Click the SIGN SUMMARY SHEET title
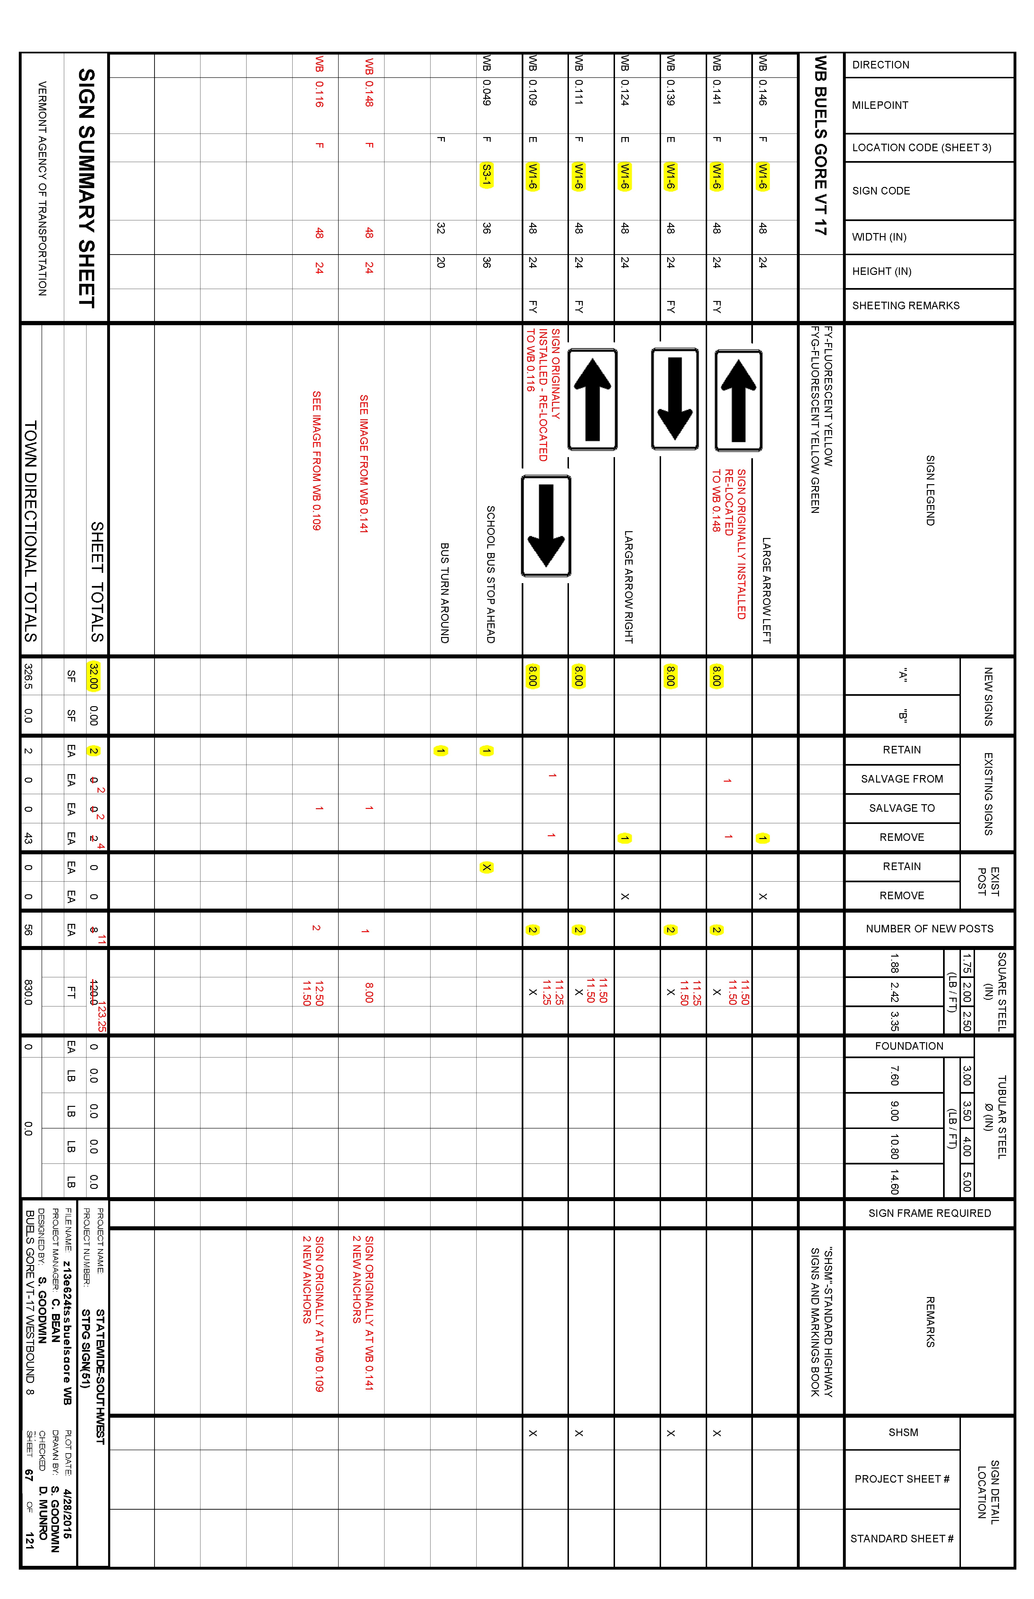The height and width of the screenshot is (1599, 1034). click(x=87, y=188)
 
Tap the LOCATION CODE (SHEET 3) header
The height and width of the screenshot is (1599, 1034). click(x=921, y=148)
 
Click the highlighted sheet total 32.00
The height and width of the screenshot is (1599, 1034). click(x=93, y=676)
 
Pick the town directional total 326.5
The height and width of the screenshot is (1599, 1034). click(x=28, y=676)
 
